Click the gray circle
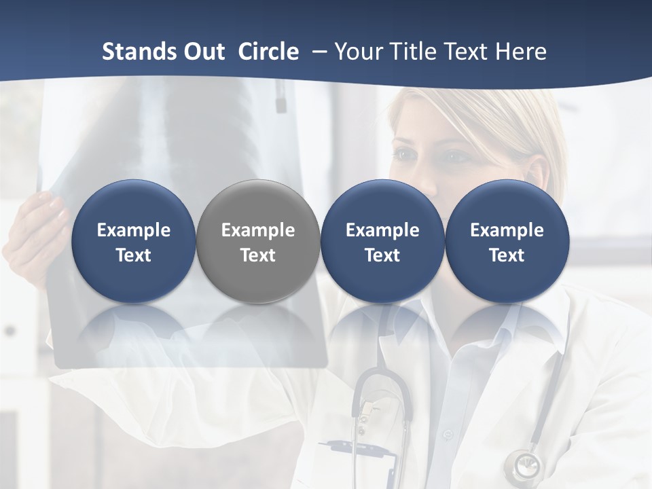point(258,241)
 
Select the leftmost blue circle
point(133,241)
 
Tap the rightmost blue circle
point(507,241)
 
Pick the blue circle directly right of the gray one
point(382,241)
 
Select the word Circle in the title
point(268,52)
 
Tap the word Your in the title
point(357,52)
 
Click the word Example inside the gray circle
point(258,230)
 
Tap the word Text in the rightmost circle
point(507,255)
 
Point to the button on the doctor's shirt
point(446,434)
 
